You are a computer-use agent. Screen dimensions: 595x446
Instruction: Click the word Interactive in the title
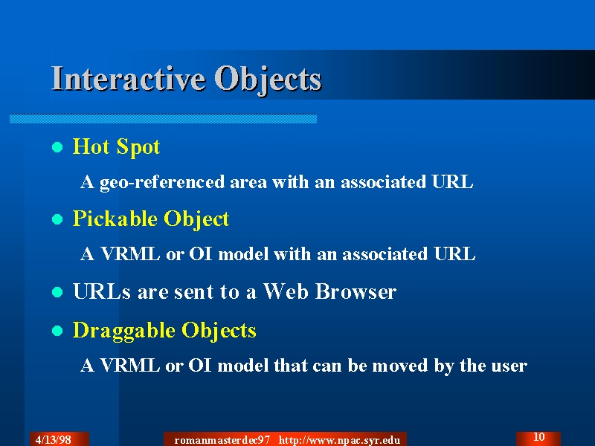click(128, 79)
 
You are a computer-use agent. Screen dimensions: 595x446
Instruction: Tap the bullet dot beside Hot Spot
click(57, 147)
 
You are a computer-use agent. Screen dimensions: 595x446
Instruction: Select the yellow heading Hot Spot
click(116, 146)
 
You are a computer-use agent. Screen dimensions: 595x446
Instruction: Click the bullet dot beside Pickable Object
click(57, 219)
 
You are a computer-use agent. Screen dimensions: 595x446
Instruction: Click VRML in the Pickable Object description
click(129, 253)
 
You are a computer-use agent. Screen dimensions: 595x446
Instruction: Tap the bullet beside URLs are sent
click(57, 292)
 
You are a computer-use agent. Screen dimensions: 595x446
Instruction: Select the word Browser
click(356, 291)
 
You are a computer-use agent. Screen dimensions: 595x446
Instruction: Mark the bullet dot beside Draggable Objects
click(57, 331)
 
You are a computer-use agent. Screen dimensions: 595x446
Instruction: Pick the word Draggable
click(123, 331)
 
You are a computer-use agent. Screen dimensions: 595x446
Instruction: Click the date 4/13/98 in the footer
click(53, 440)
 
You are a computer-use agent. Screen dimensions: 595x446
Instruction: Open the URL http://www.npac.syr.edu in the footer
click(339, 440)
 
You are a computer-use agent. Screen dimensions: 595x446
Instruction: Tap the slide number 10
click(539, 437)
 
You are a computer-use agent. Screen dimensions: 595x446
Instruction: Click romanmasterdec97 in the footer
click(222, 440)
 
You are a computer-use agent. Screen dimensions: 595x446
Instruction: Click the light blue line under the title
click(163, 119)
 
